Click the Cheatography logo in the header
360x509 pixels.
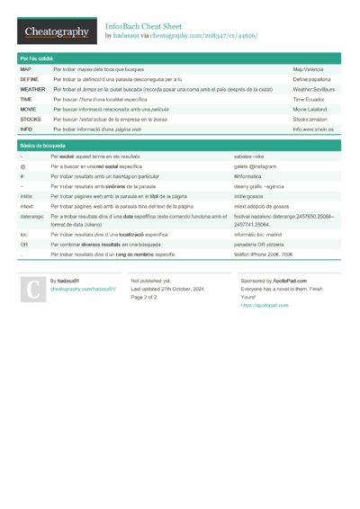[56, 31]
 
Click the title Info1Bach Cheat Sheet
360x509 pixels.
[148, 26]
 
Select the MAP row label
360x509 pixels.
[25, 69]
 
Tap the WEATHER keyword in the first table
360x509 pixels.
[32, 90]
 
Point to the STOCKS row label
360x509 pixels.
[30, 119]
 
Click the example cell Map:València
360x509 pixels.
[309, 69]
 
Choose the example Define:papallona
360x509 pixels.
[312, 79]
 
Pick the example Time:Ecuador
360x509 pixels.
[309, 100]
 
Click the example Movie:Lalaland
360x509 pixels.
[310, 110]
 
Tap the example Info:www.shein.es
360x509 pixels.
[312, 129]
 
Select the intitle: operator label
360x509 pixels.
[27, 195]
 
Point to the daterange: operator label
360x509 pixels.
[31, 217]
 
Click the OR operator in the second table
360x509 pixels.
[24, 245]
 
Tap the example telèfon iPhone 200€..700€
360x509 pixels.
[263, 254]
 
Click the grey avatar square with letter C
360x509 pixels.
[31, 290]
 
